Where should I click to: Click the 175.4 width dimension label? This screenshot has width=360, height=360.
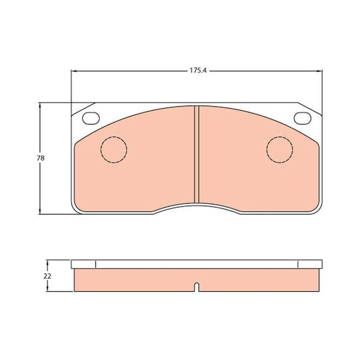(198, 71)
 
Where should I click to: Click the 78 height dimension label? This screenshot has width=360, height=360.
(40, 158)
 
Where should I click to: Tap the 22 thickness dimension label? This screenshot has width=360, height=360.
(47, 276)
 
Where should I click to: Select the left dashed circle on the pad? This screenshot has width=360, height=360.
(114, 137)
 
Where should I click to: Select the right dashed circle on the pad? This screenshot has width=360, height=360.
(279, 137)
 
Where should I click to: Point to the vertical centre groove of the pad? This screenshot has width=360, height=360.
(197, 154)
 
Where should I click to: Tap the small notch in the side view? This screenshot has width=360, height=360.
(197, 287)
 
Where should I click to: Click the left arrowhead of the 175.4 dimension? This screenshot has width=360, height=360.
(74, 71)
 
